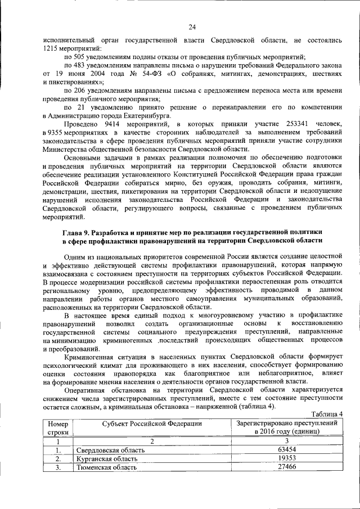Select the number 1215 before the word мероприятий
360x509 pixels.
(50, 49)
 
